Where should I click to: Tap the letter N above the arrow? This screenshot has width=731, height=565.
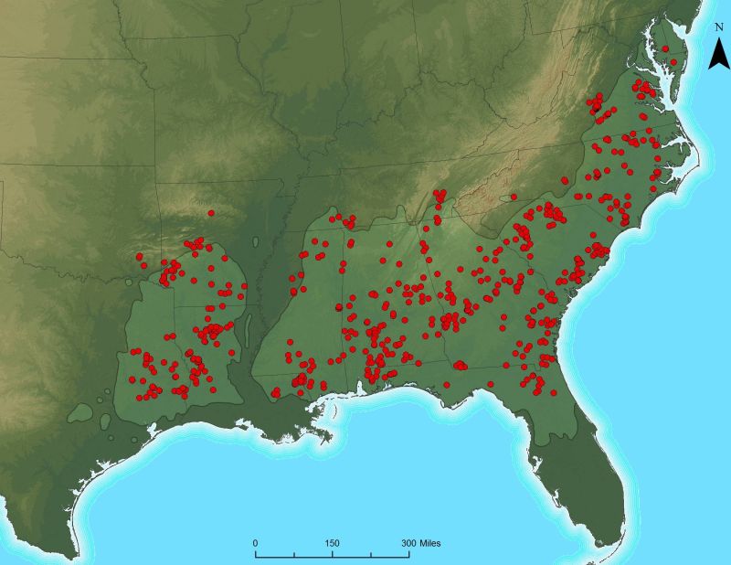[719, 27]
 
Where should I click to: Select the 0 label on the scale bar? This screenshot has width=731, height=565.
[255, 543]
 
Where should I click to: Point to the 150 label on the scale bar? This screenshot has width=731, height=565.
[332, 543]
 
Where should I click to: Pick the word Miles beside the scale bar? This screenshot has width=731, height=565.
[427, 543]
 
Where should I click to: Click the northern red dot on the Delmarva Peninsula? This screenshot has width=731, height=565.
[665, 48]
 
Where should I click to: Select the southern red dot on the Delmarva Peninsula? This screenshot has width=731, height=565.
[673, 62]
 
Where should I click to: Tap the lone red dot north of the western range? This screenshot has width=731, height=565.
[211, 213]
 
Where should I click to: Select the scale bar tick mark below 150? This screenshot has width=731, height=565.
[332, 553]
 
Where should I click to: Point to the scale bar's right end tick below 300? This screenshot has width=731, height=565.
[409, 553]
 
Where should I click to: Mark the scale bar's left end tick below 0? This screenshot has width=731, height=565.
[255, 553]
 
